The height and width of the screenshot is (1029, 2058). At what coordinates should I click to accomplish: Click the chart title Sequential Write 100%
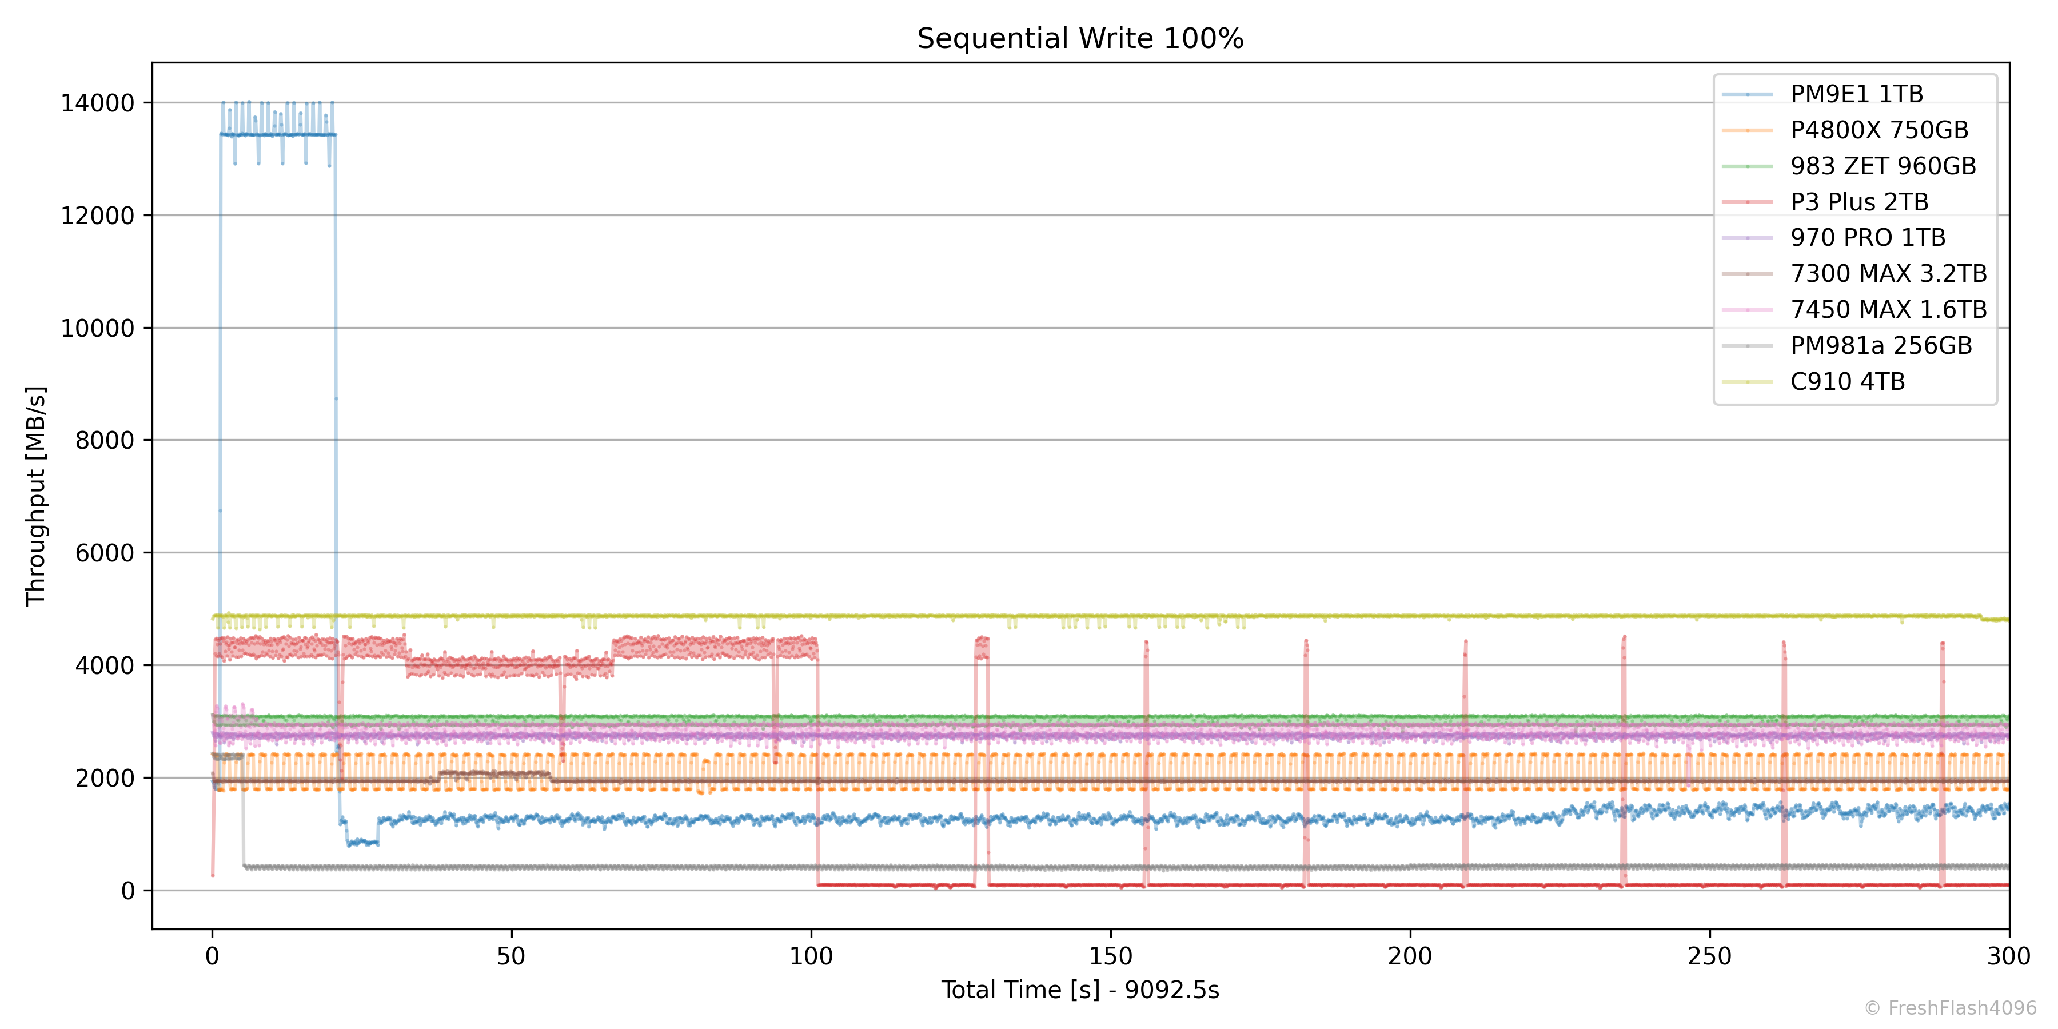click(x=1080, y=38)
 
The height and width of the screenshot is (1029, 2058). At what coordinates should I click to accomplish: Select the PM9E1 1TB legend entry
click(x=1856, y=94)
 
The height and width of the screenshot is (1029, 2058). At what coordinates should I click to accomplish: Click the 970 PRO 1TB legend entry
click(x=1867, y=237)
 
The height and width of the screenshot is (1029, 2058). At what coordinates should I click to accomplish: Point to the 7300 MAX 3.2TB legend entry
click(x=1888, y=273)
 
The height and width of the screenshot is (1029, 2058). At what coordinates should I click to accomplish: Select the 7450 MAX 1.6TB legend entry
click(x=1888, y=309)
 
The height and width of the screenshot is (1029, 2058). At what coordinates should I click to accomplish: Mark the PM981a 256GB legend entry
click(x=1881, y=345)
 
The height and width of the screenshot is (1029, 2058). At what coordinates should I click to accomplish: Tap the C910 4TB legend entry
click(x=1847, y=381)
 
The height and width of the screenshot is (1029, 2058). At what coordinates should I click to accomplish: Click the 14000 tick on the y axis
click(x=97, y=103)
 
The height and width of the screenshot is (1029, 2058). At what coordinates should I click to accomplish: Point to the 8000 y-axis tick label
click(x=105, y=440)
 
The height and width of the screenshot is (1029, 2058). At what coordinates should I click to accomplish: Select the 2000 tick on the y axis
click(x=105, y=778)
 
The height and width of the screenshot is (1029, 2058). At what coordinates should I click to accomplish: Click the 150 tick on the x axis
click(x=1111, y=955)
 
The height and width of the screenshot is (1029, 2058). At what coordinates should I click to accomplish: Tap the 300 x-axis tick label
click(x=2008, y=955)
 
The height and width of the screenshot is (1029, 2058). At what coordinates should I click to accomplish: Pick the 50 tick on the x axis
click(x=511, y=955)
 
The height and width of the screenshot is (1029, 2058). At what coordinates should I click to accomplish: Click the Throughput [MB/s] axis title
click(x=36, y=495)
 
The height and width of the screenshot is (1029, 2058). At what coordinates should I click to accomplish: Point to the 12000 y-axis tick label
click(x=97, y=216)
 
